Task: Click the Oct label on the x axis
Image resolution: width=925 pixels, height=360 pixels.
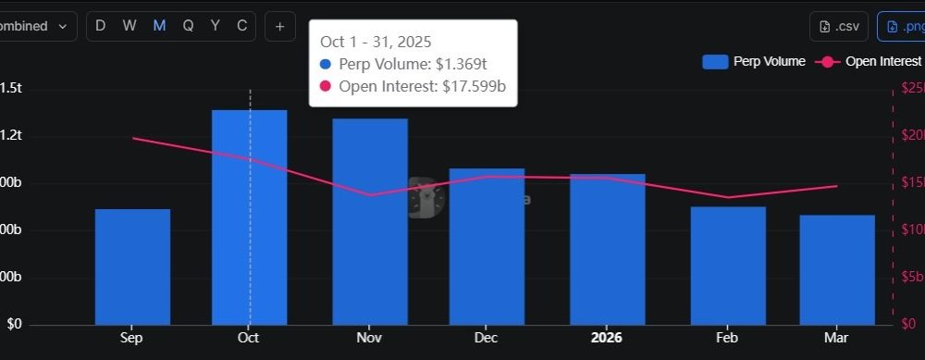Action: [x=248, y=339]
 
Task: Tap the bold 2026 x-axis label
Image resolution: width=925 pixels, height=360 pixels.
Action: [x=608, y=339]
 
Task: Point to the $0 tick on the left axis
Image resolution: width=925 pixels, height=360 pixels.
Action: [x=15, y=325]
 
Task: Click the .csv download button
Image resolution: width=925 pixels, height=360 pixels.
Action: [x=839, y=26]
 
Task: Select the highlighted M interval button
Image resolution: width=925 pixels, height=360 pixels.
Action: [x=159, y=26]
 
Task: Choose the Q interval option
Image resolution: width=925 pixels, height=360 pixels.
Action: [x=188, y=26]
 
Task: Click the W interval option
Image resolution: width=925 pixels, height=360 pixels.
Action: [x=130, y=26]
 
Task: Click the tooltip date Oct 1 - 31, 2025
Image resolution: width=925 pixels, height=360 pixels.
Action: [x=376, y=43]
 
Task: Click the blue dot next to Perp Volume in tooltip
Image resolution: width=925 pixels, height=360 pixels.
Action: [x=325, y=65]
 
